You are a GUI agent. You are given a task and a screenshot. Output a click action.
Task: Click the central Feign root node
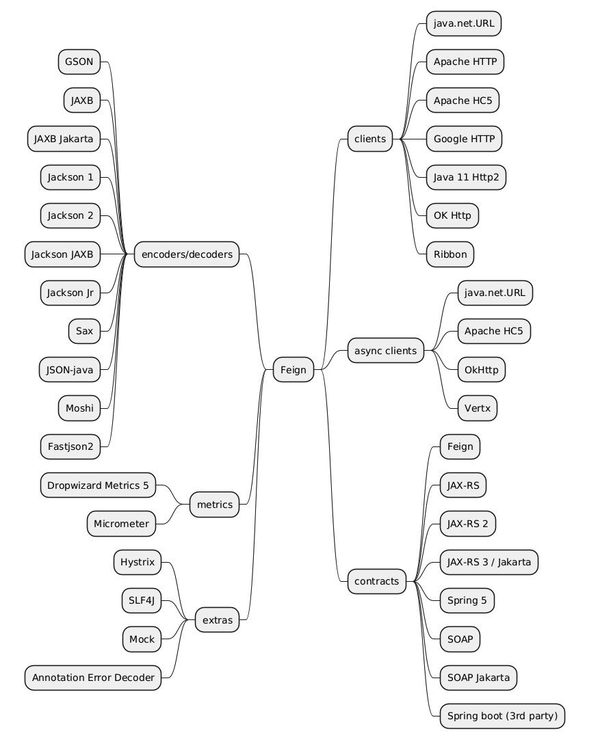tap(294, 370)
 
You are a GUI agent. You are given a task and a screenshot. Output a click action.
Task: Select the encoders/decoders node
tap(187, 255)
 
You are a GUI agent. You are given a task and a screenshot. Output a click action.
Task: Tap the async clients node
tap(385, 351)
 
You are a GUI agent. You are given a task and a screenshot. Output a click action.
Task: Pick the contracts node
tap(376, 581)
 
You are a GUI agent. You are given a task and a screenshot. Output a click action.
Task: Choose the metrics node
tap(214, 505)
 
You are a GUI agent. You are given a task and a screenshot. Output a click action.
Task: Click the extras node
tap(218, 621)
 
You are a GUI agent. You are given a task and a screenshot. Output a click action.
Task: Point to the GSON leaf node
tap(79, 62)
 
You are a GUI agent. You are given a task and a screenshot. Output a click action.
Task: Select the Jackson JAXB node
tap(62, 255)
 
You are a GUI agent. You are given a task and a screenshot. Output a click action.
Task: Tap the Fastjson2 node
tap(70, 447)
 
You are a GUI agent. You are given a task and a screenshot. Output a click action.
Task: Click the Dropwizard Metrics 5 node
tap(98, 485)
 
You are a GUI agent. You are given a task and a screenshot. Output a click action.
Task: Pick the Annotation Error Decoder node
tap(93, 678)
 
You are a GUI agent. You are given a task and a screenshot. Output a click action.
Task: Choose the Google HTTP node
tap(464, 139)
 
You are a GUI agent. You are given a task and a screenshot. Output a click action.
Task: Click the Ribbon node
tap(450, 254)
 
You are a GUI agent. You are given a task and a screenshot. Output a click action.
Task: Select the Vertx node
tap(477, 408)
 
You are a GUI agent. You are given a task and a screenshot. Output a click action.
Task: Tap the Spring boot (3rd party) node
tap(502, 716)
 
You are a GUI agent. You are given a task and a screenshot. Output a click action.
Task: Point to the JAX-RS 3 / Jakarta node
tap(489, 562)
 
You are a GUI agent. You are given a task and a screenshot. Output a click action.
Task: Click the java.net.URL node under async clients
tap(495, 293)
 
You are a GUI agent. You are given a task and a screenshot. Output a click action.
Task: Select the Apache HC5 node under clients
tap(463, 101)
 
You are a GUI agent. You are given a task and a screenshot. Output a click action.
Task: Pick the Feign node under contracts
tap(460, 446)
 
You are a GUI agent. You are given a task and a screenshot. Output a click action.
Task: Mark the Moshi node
tap(79, 408)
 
